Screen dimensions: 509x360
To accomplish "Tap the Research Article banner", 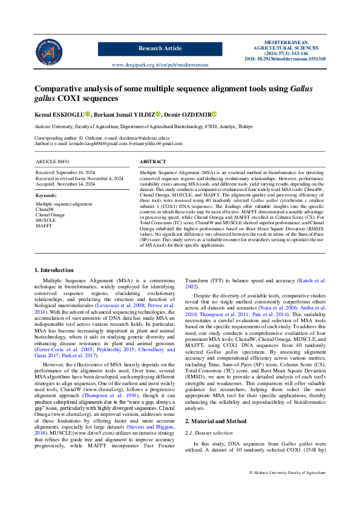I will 160,48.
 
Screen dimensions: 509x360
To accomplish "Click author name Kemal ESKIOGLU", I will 59,114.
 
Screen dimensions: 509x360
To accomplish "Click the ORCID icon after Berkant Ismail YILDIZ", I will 159,114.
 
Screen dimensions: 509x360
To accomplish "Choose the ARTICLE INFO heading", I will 52,163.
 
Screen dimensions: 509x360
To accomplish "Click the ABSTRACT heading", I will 152,163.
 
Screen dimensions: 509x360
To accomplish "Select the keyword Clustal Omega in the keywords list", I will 50,215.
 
